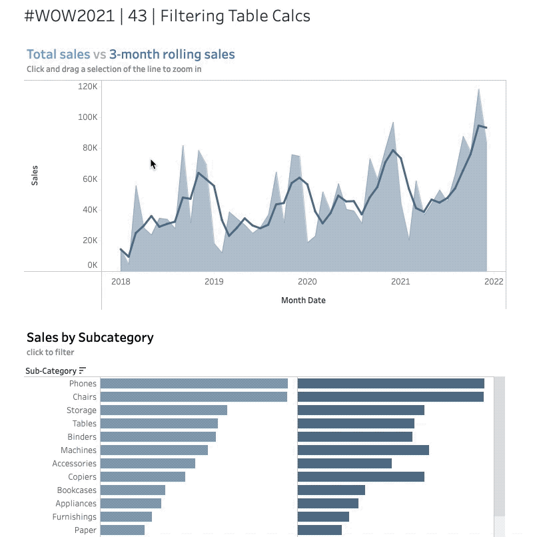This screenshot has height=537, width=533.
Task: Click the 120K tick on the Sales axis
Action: tap(88, 87)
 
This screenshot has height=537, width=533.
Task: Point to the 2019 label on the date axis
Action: tap(214, 282)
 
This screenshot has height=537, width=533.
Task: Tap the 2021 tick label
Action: tap(400, 282)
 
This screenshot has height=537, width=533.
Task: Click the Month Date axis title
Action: tap(303, 300)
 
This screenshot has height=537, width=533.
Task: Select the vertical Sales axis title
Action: tap(35, 175)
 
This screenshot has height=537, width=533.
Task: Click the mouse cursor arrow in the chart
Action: tap(153, 163)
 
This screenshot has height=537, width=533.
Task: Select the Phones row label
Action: tap(83, 384)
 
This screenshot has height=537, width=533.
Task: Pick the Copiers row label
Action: tap(82, 477)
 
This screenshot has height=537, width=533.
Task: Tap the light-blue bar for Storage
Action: tap(163, 410)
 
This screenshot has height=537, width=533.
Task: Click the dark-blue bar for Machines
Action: tap(363, 450)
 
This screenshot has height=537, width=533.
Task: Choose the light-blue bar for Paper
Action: tap(122, 530)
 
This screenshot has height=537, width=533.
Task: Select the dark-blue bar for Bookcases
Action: tap(331, 490)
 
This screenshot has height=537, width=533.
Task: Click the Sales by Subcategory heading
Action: tap(90, 337)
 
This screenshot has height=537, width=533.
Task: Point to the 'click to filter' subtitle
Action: tap(50, 352)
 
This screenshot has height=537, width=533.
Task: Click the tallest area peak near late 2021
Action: tap(478, 90)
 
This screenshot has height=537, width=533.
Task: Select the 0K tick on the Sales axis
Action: tap(92, 265)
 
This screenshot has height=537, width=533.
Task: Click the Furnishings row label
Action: tap(76, 517)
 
